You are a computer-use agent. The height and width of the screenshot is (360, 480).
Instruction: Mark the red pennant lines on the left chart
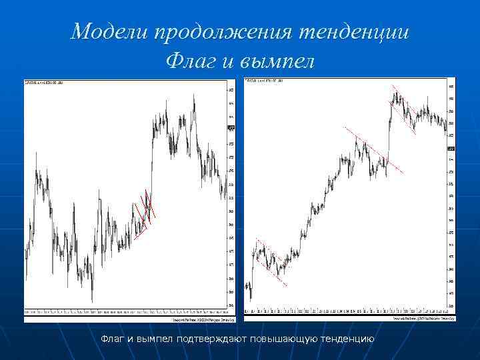click(x=144, y=213)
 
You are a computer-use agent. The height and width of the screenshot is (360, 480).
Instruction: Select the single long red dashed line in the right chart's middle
click(x=373, y=150)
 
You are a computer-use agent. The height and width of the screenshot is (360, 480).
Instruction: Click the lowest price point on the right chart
click(x=250, y=298)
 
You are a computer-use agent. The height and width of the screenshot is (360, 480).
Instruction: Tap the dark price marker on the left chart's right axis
click(x=231, y=127)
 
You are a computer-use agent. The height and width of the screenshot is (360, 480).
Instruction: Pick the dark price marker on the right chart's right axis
click(x=451, y=148)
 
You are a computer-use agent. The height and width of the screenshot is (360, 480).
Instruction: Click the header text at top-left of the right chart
click(x=264, y=81)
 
